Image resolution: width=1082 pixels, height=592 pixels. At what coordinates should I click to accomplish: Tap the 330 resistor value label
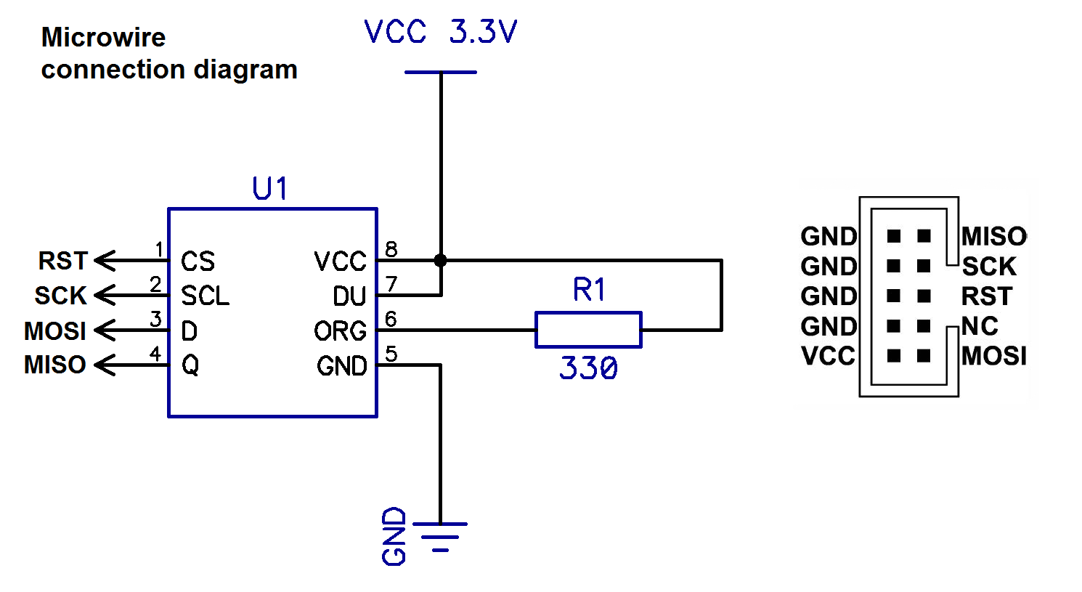588,368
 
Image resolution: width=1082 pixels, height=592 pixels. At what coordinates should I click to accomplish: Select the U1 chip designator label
270,188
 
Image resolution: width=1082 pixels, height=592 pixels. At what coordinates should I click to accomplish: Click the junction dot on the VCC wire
440,261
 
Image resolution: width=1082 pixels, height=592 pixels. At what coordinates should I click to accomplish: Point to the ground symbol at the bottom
440,537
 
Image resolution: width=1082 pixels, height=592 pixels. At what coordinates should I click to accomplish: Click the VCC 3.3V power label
441,32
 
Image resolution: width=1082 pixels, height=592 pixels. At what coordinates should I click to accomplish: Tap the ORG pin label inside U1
340,331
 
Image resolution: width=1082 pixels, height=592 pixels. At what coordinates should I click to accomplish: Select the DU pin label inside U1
349,296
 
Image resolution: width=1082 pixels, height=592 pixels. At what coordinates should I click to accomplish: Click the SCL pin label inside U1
206,296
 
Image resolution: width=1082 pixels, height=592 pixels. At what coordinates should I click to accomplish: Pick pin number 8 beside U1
391,249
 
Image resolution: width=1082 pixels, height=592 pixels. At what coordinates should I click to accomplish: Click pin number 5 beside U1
391,354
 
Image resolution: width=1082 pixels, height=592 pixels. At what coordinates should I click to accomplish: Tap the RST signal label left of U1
62,261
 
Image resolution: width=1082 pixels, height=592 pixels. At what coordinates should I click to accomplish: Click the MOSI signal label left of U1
55,331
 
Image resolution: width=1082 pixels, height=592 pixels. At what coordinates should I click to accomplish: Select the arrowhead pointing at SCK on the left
105,296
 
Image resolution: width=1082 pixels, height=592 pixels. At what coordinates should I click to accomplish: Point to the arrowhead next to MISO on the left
105,365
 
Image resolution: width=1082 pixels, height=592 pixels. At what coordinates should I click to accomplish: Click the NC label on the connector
980,326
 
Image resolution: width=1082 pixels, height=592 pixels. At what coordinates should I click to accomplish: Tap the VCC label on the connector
828,356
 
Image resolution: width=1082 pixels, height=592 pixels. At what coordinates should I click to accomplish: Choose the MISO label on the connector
994,236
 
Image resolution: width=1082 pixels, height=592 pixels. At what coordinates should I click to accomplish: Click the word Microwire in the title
103,37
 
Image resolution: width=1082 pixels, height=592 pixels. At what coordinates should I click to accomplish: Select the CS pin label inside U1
198,261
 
